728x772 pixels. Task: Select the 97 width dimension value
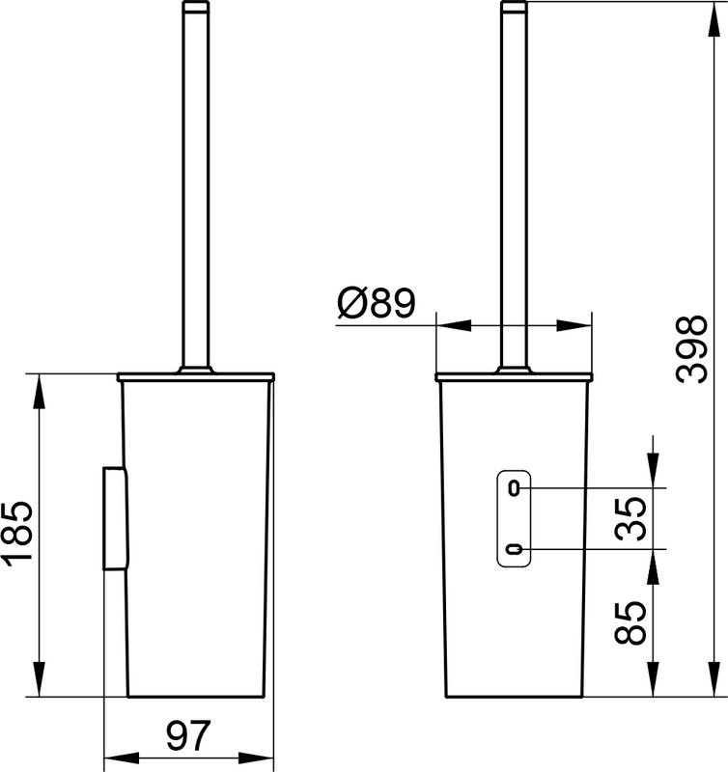coord(189,736)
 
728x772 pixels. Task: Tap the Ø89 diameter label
coord(376,306)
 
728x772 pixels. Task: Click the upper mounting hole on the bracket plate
coord(515,487)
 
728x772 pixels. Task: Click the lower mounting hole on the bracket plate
coord(515,550)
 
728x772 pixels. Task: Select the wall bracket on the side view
coord(114,518)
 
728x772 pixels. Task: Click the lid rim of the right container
coord(514,376)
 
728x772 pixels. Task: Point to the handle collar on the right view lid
coord(514,368)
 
